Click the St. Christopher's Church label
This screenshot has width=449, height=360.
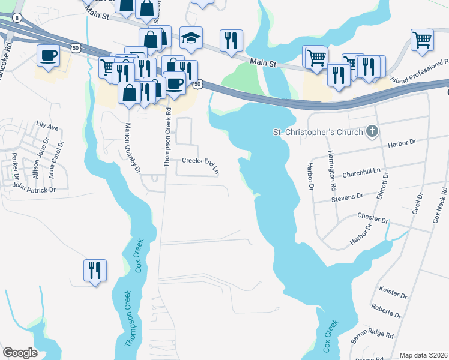pyautogui.click(x=318, y=132)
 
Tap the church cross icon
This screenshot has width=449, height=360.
pyautogui.click(x=372, y=131)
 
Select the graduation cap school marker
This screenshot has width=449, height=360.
pyautogui.click(x=191, y=38)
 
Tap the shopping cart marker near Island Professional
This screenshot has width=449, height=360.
pyautogui.click(x=423, y=40)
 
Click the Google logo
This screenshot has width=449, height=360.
pyautogui.click(x=20, y=353)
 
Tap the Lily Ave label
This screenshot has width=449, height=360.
pyautogui.click(x=47, y=127)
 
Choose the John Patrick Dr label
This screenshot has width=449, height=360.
pyautogui.click(x=34, y=188)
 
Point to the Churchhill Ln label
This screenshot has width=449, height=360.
pyautogui.click(x=362, y=172)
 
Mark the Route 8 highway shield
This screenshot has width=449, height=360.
pyautogui.click(x=16, y=17)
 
